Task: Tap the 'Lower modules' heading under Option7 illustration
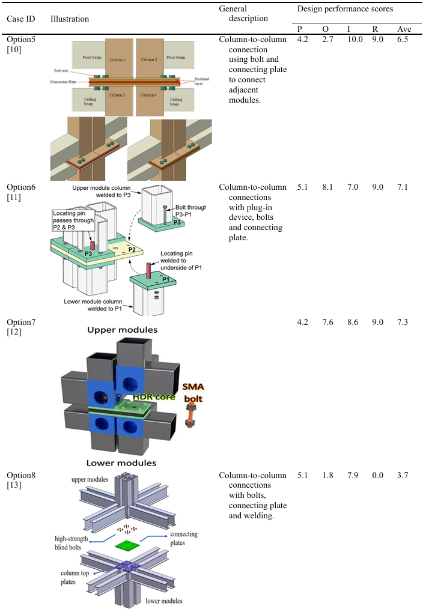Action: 121,463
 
